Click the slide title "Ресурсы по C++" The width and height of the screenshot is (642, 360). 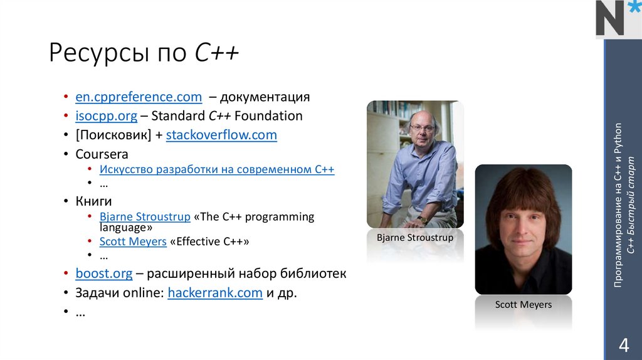144,53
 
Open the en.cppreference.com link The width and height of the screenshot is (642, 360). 139,97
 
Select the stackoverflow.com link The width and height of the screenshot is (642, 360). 221,135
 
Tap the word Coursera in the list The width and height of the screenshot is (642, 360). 102,154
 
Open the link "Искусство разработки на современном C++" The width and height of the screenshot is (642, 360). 217,170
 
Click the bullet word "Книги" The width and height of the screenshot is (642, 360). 93,201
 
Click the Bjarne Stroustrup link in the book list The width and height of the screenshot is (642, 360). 145,217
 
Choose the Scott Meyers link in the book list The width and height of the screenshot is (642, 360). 133,241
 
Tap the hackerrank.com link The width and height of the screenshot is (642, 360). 215,293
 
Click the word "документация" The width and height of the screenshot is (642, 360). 265,97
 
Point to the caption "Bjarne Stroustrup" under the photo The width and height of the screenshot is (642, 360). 415,238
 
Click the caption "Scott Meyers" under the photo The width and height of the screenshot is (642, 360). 524,305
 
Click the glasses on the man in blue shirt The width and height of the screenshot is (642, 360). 423,127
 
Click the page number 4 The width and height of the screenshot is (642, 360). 623,345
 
